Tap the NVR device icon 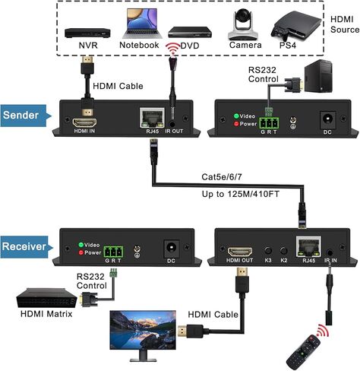[x=87, y=33]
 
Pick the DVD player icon [x=188, y=32]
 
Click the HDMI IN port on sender [x=84, y=122]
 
